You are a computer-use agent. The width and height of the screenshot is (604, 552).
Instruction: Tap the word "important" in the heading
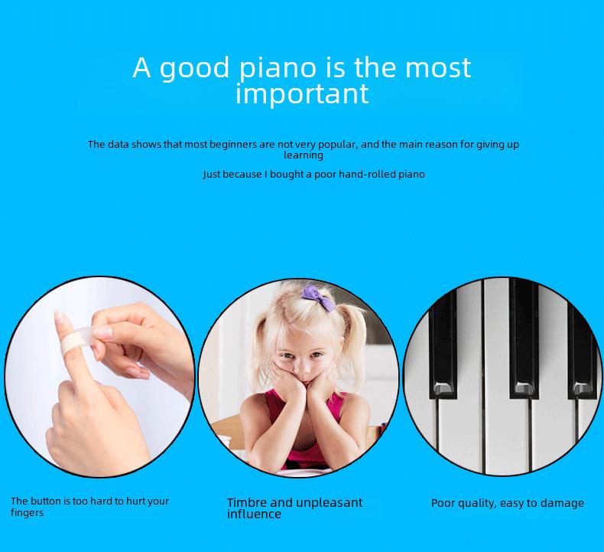[303, 93]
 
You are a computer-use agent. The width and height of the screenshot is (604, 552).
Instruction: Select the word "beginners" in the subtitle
[232, 145]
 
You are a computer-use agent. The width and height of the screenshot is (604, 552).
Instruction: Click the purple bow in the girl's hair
[318, 297]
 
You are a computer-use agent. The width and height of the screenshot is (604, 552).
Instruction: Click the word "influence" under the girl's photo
[254, 514]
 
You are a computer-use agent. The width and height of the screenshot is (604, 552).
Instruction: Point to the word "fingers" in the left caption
[27, 513]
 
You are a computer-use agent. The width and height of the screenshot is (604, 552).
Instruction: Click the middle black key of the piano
[524, 338]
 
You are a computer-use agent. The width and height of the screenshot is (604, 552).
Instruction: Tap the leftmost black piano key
[443, 343]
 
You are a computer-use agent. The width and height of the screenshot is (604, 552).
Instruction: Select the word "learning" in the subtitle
[304, 155]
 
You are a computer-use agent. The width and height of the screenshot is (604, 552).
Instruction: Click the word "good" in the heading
[194, 69]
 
